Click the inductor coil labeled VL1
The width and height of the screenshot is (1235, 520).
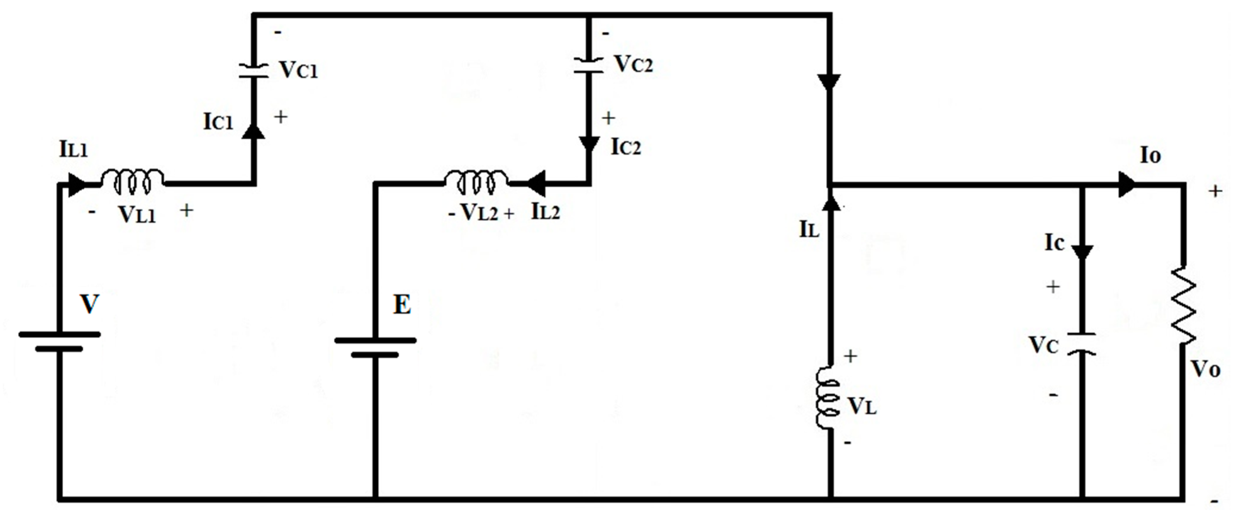(132, 182)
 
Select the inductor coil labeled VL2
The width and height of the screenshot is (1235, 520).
(476, 182)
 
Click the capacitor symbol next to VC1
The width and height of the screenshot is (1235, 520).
(253, 70)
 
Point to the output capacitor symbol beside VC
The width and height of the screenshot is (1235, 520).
(1082, 343)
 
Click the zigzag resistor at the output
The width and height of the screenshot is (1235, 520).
(1183, 305)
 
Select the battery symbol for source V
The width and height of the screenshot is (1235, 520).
(60, 341)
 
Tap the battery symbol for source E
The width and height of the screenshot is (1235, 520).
(375, 347)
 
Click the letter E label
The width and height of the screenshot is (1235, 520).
(402, 305)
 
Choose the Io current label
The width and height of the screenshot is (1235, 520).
(1150, 156)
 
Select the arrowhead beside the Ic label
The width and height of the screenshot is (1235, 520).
(1082, 252)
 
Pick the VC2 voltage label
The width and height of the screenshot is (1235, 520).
(634, 64)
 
